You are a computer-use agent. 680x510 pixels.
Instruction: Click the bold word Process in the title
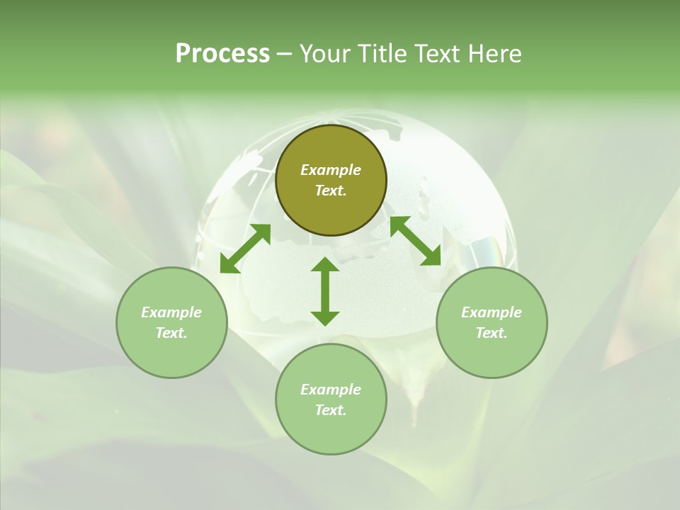222,54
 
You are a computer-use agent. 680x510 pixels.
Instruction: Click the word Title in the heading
382,54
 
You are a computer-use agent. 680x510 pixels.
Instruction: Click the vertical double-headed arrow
325,291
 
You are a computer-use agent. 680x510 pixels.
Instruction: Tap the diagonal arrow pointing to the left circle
245,249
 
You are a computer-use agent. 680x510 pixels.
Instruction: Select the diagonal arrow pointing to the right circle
415,241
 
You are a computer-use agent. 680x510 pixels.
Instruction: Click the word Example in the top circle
331,170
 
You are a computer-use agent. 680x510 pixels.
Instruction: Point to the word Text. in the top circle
331,191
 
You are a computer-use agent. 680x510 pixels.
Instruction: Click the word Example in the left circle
171,312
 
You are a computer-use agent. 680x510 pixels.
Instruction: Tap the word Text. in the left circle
171,333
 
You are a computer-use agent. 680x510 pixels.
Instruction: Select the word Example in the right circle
492,312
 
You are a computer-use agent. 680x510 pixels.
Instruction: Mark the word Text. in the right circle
492,333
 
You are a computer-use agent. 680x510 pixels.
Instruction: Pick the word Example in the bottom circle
331,390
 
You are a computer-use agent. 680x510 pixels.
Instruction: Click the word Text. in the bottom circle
331,410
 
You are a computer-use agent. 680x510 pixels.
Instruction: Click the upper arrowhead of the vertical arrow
325,265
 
